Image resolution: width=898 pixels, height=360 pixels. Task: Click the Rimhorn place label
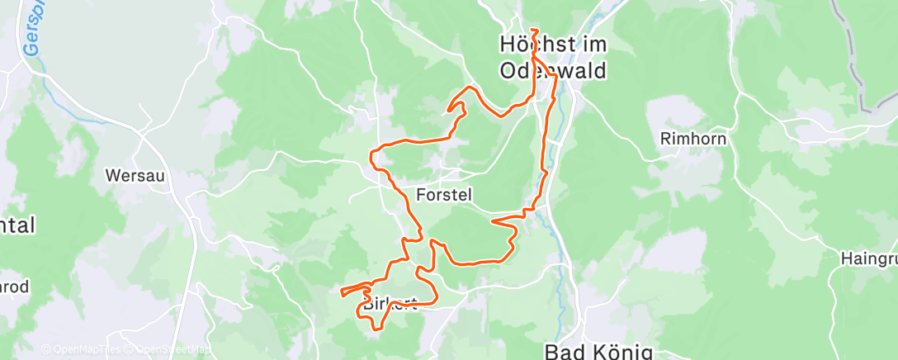(693, 139)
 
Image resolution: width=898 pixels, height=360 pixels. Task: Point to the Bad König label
(599, 351)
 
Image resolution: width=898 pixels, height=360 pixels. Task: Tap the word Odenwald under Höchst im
(553, 71)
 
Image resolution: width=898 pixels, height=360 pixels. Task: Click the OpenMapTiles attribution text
(83, 350)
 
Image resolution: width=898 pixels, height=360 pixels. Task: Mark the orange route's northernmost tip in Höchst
(535, 30)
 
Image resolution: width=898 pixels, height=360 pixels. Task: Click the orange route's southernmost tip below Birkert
(375, 329)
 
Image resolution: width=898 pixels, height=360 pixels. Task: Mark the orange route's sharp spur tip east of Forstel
(492, 220)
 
